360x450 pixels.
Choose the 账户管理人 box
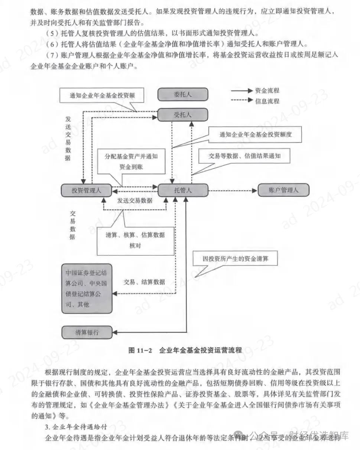(283, 190)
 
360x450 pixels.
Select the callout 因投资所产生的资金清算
(235, 258)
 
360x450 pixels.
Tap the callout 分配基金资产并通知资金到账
(131, 162)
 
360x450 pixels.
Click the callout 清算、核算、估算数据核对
(135, 240)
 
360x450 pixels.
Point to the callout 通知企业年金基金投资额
(102, 95)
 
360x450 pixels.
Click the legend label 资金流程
(267, 90)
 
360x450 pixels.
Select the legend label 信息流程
(267, 101)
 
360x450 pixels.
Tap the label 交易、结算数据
(144, 282)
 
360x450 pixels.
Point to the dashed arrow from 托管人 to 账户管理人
(232, 190)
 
